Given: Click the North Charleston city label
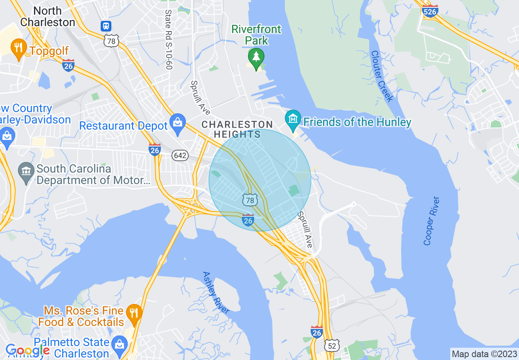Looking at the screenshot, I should click(x=47, y=16).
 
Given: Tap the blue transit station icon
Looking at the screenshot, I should click(x=106, y=26).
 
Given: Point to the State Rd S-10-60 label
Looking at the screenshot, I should click(x=168, y=40).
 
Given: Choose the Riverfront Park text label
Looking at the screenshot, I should click(x=256, y=35).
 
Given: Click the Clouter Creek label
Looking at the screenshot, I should click(x=382, y=76).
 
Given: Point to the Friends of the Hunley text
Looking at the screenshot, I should click(x=357, y=122).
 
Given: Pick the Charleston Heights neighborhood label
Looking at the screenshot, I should click(x=237, y=129).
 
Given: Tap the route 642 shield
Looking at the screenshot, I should click(x=180, y=155).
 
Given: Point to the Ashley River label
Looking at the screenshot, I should click(x=216, y=292).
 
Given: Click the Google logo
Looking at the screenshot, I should click(x=27, y=351).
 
